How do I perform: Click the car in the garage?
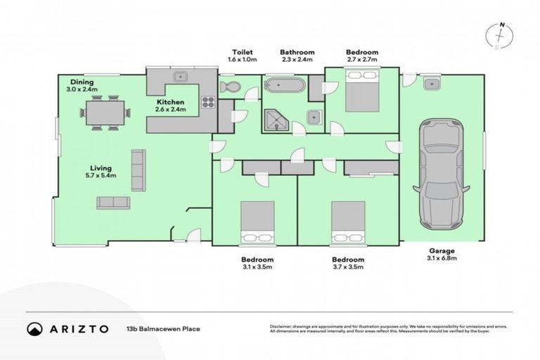tap(441, 176)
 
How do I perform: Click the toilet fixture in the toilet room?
tap(229, 87)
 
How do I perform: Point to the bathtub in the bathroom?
tap(284, 86)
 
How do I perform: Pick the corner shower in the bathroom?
tap(276, 120)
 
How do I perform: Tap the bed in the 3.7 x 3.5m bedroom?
tap(348, 221)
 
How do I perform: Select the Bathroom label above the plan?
tap(297, 52)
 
